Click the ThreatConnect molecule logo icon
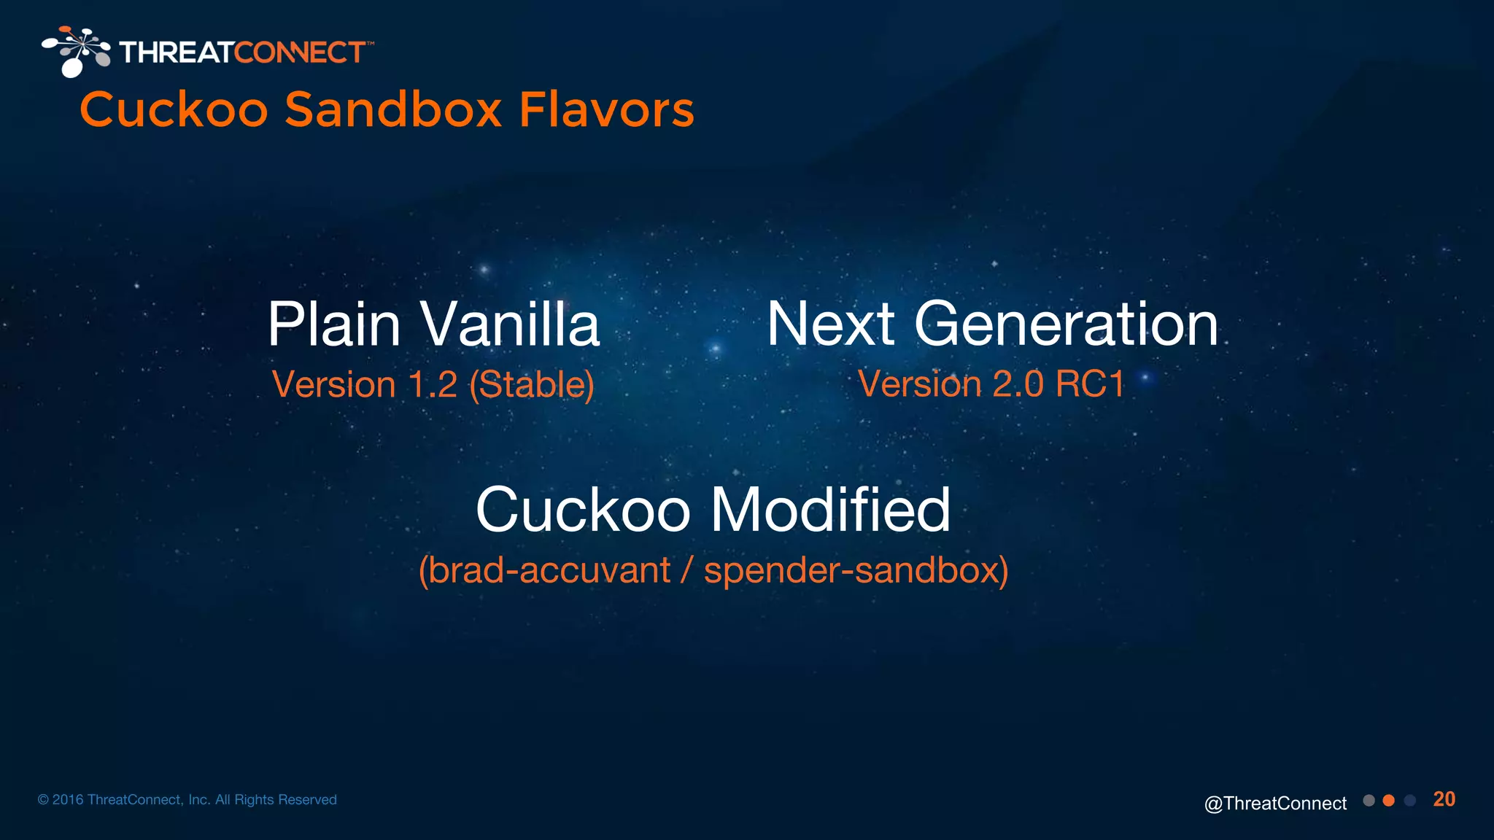click(76, 51)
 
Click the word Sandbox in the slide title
click(392, 110)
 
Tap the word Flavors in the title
click(606, 110)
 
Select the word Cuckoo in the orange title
click(174, 110)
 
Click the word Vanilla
click(510, 324)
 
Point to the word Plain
click(334, 324)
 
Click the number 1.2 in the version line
click(433, 384)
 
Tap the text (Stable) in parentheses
click(532, 384)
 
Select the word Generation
click(1066, 324)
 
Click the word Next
click(830, 324)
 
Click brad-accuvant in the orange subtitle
click(549, 570)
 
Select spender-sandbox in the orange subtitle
click(851, 570)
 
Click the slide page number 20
click(1444, 799)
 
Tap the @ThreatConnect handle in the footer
click(1275, 803)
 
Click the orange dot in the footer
click(1389, 801)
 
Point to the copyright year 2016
click(68, 800)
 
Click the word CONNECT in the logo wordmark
click(299, 52)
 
